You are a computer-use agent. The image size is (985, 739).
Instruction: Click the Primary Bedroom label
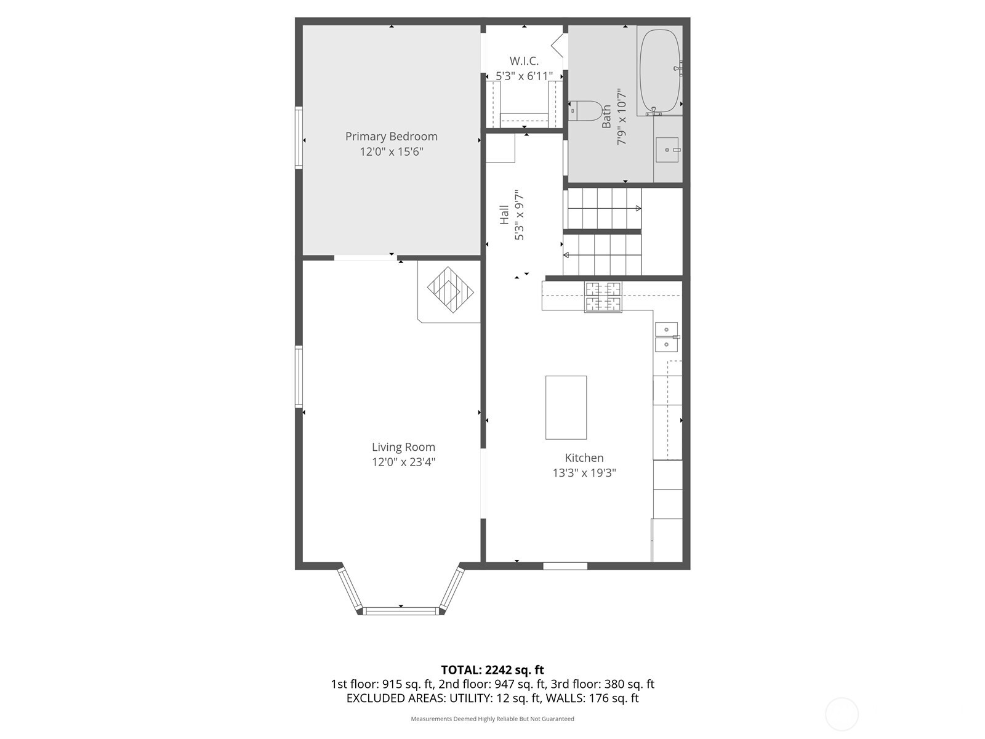tap(391, 137)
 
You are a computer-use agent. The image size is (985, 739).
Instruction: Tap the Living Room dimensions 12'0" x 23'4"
tap(403, 462)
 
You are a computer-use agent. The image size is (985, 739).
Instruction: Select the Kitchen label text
tap(584, 458)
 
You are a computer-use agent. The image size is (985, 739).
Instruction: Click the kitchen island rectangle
tap(566, 407)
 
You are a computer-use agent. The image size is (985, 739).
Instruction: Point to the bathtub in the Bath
tap(659, 71)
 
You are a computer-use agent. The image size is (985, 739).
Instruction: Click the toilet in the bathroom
tap(585, 111)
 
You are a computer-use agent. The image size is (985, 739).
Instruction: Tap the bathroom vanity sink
tap(667, 150)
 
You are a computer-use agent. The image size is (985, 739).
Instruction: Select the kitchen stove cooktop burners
tap(603, 296)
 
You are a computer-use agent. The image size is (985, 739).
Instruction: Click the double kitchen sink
tap(666, 337)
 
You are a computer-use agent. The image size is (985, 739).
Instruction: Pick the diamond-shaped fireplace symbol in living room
tap(451, 289)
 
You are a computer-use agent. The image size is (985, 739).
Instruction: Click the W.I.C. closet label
tap(524, 61)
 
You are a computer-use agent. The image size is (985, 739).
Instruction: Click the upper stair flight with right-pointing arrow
tap(603, 209)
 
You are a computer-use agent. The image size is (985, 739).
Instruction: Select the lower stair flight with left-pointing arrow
tap(603, 254)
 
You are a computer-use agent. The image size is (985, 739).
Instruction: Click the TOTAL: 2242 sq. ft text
tap(492, 670)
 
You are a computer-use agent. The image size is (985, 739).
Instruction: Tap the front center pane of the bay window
tap(401, 611)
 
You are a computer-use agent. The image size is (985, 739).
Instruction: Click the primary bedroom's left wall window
tap(299, 137)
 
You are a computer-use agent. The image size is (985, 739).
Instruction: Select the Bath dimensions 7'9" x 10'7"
tap(622, 116)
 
